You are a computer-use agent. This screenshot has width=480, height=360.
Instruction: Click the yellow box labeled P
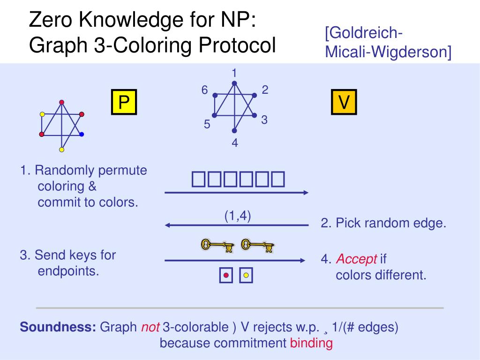pyautogui.click(x=124, y=102)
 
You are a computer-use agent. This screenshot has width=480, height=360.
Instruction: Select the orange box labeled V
pyautogui.click(x=344, y=102)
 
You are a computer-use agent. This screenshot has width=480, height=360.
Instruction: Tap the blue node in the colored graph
pyautogui.click(x=82, y=135)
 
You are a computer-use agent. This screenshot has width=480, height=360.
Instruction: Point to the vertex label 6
pyautogui.click(x=205, y=90)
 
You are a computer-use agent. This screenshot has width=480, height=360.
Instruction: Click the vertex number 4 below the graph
pyautogui.click(x=235, y=143)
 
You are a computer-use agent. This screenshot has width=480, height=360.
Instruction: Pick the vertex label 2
pyautogui.click(x=265, y=90)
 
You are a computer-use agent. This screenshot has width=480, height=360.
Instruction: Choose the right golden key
pyautogui.click(x=257, y=245)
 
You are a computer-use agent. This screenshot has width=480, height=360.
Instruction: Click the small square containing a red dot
pyautogui.click(x=226, y=276)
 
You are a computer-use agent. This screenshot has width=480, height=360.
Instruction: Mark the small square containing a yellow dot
pyautogui.click(x=246, y=276)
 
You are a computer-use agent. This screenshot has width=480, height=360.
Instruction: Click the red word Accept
pyautogui.click(x=357, y=259)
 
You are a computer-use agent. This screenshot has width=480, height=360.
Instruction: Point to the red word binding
pyautogui.click(x=311, y=343)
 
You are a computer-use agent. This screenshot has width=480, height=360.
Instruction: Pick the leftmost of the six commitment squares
pyautogui.click(x=197, y=180)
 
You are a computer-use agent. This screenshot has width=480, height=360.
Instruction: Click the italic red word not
pyautogui.click(x=150, y=327)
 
